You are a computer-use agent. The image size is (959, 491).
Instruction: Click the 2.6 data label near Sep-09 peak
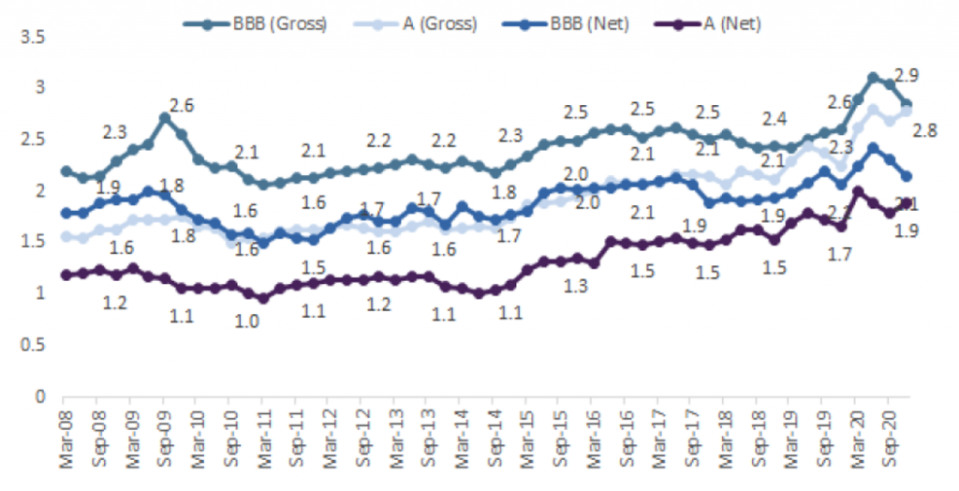point(181,106)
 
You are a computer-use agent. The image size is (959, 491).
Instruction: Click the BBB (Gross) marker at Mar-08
point(66,171)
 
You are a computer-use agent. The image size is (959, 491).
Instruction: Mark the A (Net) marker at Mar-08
point(66,275)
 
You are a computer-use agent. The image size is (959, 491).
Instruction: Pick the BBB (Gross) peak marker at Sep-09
point(164,118)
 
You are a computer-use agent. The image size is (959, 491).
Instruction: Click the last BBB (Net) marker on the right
point(907,176)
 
